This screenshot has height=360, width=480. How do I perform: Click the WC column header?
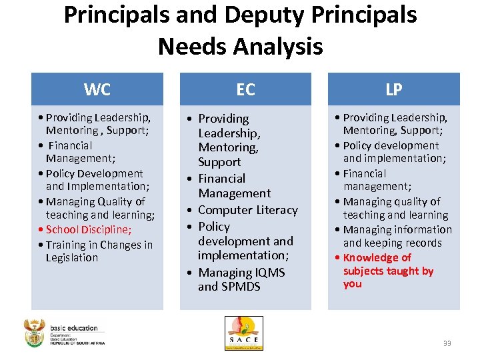tap(97, 89)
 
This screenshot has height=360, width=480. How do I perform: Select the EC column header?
tap(245, 89)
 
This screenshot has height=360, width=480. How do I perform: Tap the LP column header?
tap(394, 89)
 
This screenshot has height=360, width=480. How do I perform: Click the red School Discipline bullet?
tap(89, 229)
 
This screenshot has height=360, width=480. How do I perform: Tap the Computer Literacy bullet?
tap(247, 210)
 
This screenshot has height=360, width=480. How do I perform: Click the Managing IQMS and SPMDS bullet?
tap(241, 279)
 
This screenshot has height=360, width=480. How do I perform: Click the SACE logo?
tap(244, 333)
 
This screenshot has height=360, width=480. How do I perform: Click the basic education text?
tap(73, 327)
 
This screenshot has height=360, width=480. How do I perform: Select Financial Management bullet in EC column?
tap(234, 186)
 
